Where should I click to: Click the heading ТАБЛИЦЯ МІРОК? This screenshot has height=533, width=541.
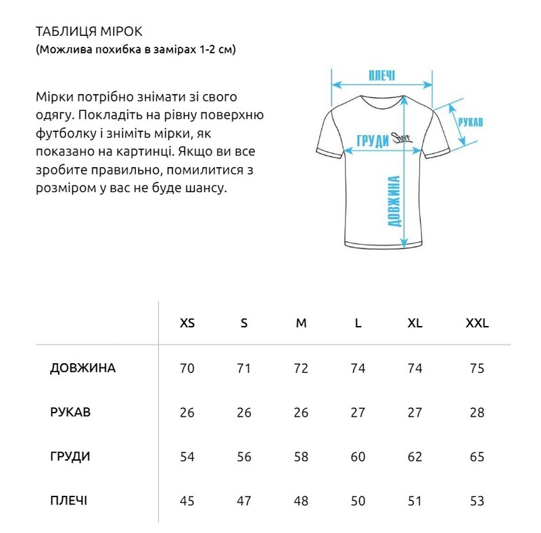(x=89, y=32)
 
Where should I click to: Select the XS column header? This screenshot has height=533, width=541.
(x=187, y=323)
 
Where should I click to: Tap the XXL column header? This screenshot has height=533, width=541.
(x=477, y=323)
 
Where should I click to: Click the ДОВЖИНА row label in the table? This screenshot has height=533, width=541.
(x=83, y=369)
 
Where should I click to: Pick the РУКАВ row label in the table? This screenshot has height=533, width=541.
(x=70, y=413)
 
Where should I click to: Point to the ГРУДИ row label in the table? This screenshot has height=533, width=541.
(x=70, y=457)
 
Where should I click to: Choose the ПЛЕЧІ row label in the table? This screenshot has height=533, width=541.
(x=68, y=501)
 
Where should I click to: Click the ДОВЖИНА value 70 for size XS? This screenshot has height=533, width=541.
(x=187, y=369)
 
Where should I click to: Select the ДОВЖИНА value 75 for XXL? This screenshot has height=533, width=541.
(x=477, y=369)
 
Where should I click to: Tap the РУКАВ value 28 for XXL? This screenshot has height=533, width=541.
(x=477, y=413)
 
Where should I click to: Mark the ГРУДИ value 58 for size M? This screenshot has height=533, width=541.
(x=301, y=457)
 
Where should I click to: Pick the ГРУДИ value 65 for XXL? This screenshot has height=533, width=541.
(x=477, y=457)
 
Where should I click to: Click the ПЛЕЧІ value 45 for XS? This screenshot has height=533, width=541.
(x=187, y=501)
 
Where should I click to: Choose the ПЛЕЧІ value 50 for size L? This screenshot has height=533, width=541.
(x=358, y=501)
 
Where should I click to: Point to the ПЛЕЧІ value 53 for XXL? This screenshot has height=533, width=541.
(x=477, y=501)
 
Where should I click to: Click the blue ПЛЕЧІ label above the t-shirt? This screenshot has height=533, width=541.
(x=381, y=75)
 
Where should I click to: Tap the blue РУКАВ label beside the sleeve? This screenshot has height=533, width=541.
(x=470, y=122)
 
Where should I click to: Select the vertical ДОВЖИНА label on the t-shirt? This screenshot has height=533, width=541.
(x=395, y=202)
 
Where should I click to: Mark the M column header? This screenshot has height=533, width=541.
(x=301, y=323)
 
